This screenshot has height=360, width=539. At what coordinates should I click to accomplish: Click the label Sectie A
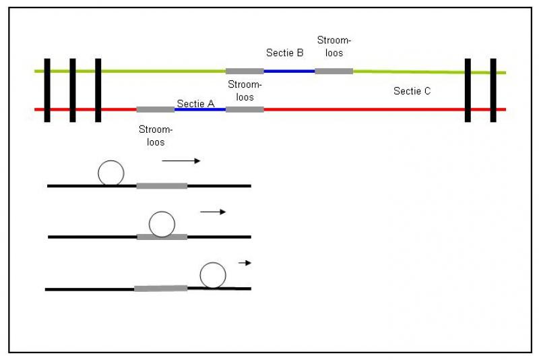click(x=195, y=104)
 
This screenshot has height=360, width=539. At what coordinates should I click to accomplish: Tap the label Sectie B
click(x=285, y=52)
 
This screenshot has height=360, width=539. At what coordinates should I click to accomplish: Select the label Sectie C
click(x=412, y=91)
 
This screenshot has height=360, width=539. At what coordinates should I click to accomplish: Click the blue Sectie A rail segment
click(x=199, y=109)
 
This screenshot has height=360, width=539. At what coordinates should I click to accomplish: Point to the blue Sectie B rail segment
click(x=289, y=71)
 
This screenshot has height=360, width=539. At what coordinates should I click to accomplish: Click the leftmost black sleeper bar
click(x=47, y=90)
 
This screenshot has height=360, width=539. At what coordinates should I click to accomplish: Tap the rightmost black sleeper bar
click(x=493, y=90)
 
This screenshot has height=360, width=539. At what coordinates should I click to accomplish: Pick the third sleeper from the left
click(x=98, y=90)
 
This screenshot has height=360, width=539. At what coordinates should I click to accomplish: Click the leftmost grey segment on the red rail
click(x=155, y=109)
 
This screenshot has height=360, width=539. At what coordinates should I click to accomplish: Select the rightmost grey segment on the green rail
click(x=334, y=71)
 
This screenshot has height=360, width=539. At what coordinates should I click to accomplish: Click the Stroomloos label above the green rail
click(x=334, y=47)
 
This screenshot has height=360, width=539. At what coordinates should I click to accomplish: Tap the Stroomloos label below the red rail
click(x=156, y=136)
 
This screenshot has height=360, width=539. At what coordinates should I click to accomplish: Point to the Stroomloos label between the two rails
click(x=245, y=91)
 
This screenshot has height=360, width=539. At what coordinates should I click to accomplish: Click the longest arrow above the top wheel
click(x=181, y=161)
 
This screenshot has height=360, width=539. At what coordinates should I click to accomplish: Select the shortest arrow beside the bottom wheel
click(x=245, y=263)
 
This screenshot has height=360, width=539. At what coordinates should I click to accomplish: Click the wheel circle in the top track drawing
click(x=110, y=173)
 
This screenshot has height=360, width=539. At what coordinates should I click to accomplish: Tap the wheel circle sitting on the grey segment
click(x=162, y=224)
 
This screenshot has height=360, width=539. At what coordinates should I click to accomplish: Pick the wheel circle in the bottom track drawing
click(x=213, y=275)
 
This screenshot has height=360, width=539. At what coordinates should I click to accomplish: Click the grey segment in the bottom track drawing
click(x=160, y=289)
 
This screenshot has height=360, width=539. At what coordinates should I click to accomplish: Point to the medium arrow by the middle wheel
click(x=213, y=212)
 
